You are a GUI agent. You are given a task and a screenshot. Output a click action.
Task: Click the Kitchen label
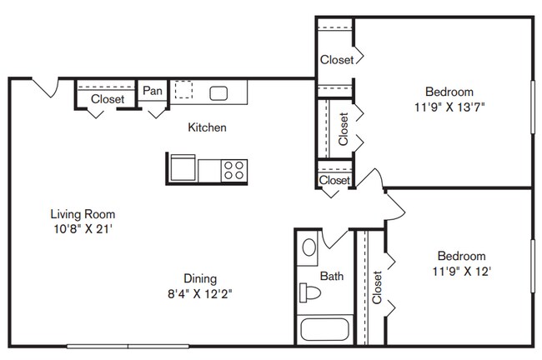pyautogui.click(x=207, y=127)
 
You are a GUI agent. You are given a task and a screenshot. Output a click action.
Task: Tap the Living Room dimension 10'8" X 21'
pyautogui.click(x=83, y=229)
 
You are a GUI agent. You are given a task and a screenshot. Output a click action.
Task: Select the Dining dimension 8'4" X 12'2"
pyautogui.click(x=200, y=294)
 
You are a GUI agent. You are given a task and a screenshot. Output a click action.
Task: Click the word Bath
pyautogui.click(x=332, y=276)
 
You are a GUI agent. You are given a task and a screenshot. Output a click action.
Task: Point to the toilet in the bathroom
pyautogui.click(x=309, y=293)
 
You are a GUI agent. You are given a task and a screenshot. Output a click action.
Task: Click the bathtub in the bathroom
pyautogui.click(x=324, y=330)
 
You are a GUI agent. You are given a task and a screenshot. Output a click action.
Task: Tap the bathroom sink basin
pyautogui.click(x=309, y=247)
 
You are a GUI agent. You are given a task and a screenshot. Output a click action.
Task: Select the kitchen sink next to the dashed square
pyautogui.click(x=218, y=93)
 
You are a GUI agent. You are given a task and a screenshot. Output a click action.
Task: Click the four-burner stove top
pyautogui.click(x=234, y=170)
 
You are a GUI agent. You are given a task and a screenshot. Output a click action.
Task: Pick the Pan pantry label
pyautogui.click(x=153, y=91)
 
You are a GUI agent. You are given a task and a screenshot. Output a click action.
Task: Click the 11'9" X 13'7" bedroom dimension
pyautogui.click(x=449, y=107)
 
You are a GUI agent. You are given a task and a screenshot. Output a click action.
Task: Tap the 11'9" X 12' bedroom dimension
pyautogui.click(x=462, y=272)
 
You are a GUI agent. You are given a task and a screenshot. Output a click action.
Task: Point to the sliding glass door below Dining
pyautogui.click(x=128, y=346)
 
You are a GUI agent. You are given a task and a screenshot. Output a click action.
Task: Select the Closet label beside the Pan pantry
pyautogui.click(x=108, y=99)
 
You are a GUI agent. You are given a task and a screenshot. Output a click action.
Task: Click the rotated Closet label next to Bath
pyautogui.click(x=377, y=287)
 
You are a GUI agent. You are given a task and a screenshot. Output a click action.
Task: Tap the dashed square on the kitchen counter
pyautogui.click(x=183, y=90)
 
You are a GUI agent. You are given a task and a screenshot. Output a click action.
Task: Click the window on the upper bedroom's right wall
pyautogui.click(x=533, y=107)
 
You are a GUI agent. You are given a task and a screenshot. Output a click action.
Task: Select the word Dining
pyautogui.click(x=200, y=279)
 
